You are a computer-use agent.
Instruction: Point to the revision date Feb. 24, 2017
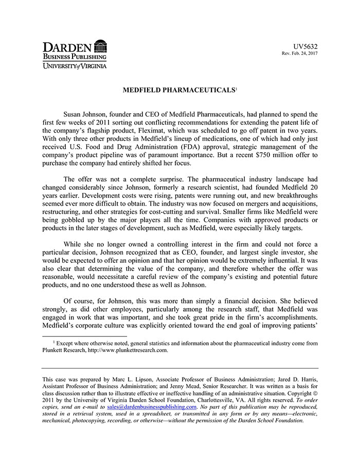[x=302, y=53]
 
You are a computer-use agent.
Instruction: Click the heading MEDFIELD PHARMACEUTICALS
[x=178, y=90]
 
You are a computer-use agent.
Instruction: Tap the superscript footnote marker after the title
[x=236, y=88]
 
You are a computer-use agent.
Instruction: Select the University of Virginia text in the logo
[x=75, y=66]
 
